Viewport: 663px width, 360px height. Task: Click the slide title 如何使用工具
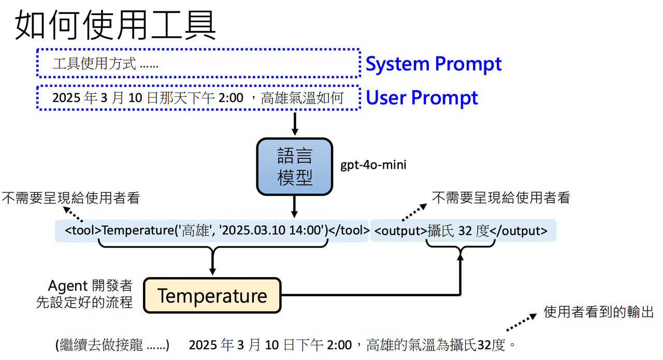coord(116,25)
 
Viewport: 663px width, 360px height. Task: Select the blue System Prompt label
coord(434,64)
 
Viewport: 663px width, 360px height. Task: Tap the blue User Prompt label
coord(422,98)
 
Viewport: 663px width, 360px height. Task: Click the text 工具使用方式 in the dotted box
coord(94,64)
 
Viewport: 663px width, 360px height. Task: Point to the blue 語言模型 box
coord(295,167)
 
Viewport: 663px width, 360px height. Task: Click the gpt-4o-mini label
coord(373,165)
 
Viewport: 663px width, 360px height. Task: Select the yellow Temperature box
coord(212,295)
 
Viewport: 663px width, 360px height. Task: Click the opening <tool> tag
coord(83,231)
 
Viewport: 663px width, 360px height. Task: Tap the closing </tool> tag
coord(349,231)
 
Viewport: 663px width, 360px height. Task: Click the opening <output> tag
coord(401,231)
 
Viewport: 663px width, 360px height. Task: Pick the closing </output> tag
coord(518,231)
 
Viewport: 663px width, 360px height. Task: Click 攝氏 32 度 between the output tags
coord(458,231)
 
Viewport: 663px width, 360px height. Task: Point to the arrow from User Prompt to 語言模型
coord(295,124)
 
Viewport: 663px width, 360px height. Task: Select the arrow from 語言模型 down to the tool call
coord(294,207)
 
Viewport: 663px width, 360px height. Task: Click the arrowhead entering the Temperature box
coord(212,272)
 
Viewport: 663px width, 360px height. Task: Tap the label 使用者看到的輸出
coord(598,312)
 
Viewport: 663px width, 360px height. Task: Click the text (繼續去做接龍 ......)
coord(112,345)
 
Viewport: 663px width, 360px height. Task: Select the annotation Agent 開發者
coord(90,286)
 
